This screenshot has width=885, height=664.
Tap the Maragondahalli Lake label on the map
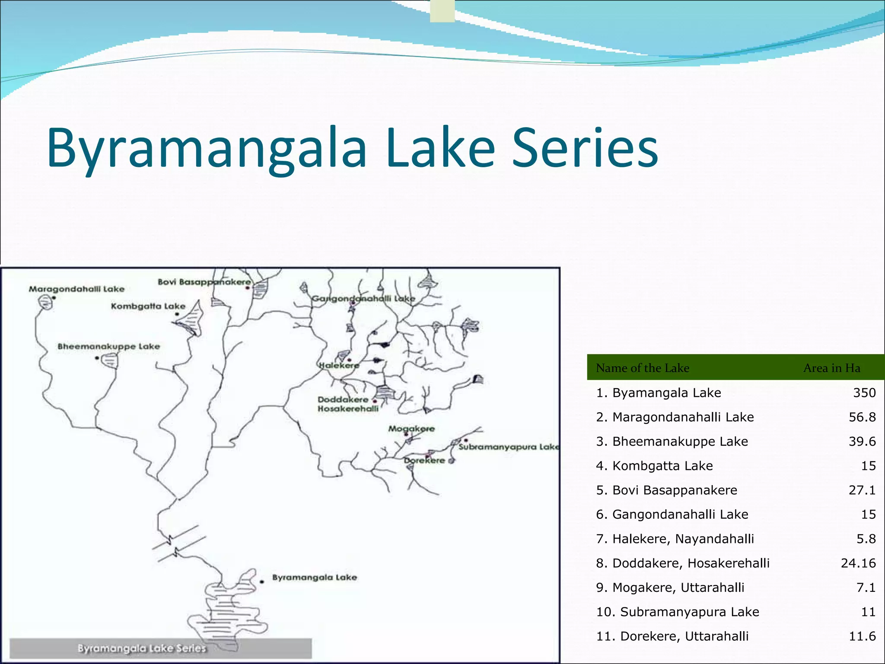click(76, 289)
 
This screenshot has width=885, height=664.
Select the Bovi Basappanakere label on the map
click(204, 282)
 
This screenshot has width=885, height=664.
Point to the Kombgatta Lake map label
click(148, 306)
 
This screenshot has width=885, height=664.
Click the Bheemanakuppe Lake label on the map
click(108, 346)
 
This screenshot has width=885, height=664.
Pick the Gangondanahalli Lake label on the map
click(363, 298)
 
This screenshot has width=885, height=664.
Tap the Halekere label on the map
click(339, 365)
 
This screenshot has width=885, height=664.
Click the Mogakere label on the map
click(411, 428)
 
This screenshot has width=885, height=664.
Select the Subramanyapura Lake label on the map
click(508, 447)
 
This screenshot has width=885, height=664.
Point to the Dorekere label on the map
click(424, 460)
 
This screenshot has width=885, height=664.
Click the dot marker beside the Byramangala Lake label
click(262, 581)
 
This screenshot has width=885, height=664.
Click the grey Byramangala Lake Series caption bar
click(160, 648)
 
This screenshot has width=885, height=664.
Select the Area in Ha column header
click(831, 368)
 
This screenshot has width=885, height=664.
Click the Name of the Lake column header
click(642, 368)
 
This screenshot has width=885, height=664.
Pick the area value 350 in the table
click(864, 393)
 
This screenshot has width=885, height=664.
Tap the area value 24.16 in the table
click(858, 563)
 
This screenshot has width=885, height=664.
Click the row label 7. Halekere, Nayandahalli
click(675, 539)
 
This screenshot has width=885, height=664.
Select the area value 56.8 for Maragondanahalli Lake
click(862, 417)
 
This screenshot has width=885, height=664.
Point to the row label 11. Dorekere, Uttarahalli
click(672, 636)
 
